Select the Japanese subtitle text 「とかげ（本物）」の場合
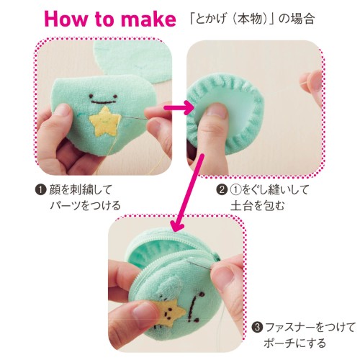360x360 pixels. click(251, 18)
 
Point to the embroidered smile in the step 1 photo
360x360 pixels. click(103, 99)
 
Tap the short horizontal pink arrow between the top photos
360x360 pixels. click(179, 108)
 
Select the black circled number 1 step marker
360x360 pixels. click(40, 189)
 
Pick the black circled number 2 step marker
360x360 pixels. click(222, 189)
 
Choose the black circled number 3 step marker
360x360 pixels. click(257, 328)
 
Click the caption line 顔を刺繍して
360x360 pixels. click(81, 189)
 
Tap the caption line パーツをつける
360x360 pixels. click(85, 206)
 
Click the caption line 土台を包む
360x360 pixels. click(257, 206)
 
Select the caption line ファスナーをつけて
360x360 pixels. click(310, 328)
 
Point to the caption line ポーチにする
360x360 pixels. click(294, 343)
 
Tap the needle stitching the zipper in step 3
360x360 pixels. click(200, 266)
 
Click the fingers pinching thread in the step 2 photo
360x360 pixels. click(312, 84)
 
